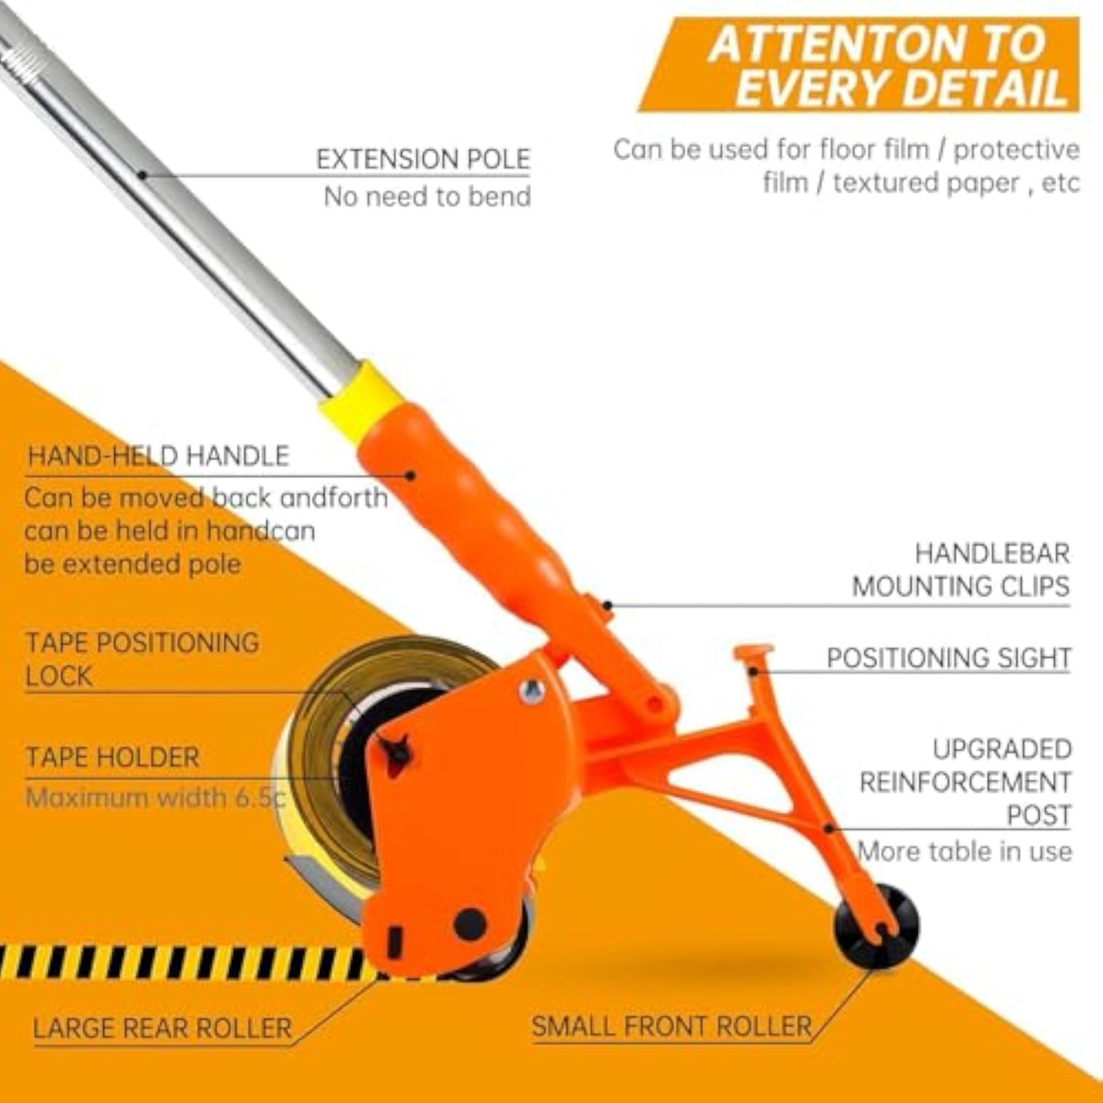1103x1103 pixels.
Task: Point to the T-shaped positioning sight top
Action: point(754,651)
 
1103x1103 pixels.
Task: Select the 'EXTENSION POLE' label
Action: point(423,159)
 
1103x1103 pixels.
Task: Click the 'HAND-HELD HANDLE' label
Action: point(158,457)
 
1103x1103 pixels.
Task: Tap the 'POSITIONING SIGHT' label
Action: point(949,658)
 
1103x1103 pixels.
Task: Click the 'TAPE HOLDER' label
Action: point(113,757)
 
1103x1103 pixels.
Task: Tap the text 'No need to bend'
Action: point(427,197)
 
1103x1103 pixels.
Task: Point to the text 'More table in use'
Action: point(965,851)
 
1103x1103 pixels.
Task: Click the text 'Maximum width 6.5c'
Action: point(156,798)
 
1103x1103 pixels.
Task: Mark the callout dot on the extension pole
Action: point(142,175)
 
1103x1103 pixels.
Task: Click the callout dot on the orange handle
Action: point(411,475)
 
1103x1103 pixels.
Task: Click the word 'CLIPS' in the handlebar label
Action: point(1035,586)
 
